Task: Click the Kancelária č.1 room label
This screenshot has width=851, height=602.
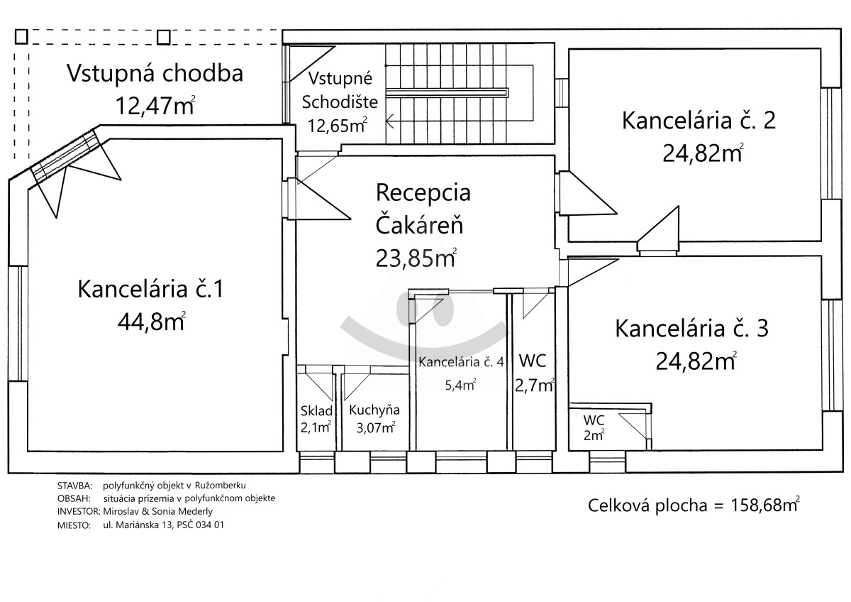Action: click(151, 289)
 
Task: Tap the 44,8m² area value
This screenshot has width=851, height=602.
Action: click(152, 322)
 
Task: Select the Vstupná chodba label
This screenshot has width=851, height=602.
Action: click(155, 73)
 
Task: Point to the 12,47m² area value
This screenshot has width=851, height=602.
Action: click(155, 105)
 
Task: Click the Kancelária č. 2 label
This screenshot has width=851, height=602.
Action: click(699, 120)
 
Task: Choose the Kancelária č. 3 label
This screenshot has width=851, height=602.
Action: click(692, 329)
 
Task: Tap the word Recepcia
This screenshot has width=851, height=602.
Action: click(423, 192)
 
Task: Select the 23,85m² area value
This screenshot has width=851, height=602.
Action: click(416, 258)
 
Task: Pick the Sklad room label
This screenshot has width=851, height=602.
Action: click(316, 411)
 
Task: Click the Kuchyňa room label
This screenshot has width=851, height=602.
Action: click(374, 410)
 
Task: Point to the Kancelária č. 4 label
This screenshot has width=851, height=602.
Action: click(461, 361)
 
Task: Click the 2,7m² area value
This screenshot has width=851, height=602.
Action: click(534, 385)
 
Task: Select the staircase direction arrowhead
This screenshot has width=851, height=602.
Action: click(390, 121)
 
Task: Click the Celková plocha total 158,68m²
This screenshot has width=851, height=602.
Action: click(694, 505)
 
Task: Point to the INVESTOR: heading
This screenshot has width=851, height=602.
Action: click(79, 512)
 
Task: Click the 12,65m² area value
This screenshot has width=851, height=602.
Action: click(338, 125)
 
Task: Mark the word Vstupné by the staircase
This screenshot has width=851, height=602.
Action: click(340, 79)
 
